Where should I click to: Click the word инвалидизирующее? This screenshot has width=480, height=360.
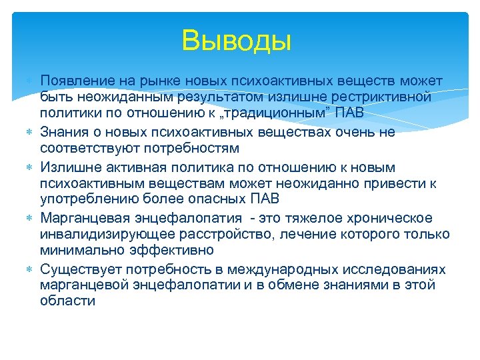click(109, 234)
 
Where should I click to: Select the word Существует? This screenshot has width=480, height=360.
click(78, 269)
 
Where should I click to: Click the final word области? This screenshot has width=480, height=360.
click(67, 301)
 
